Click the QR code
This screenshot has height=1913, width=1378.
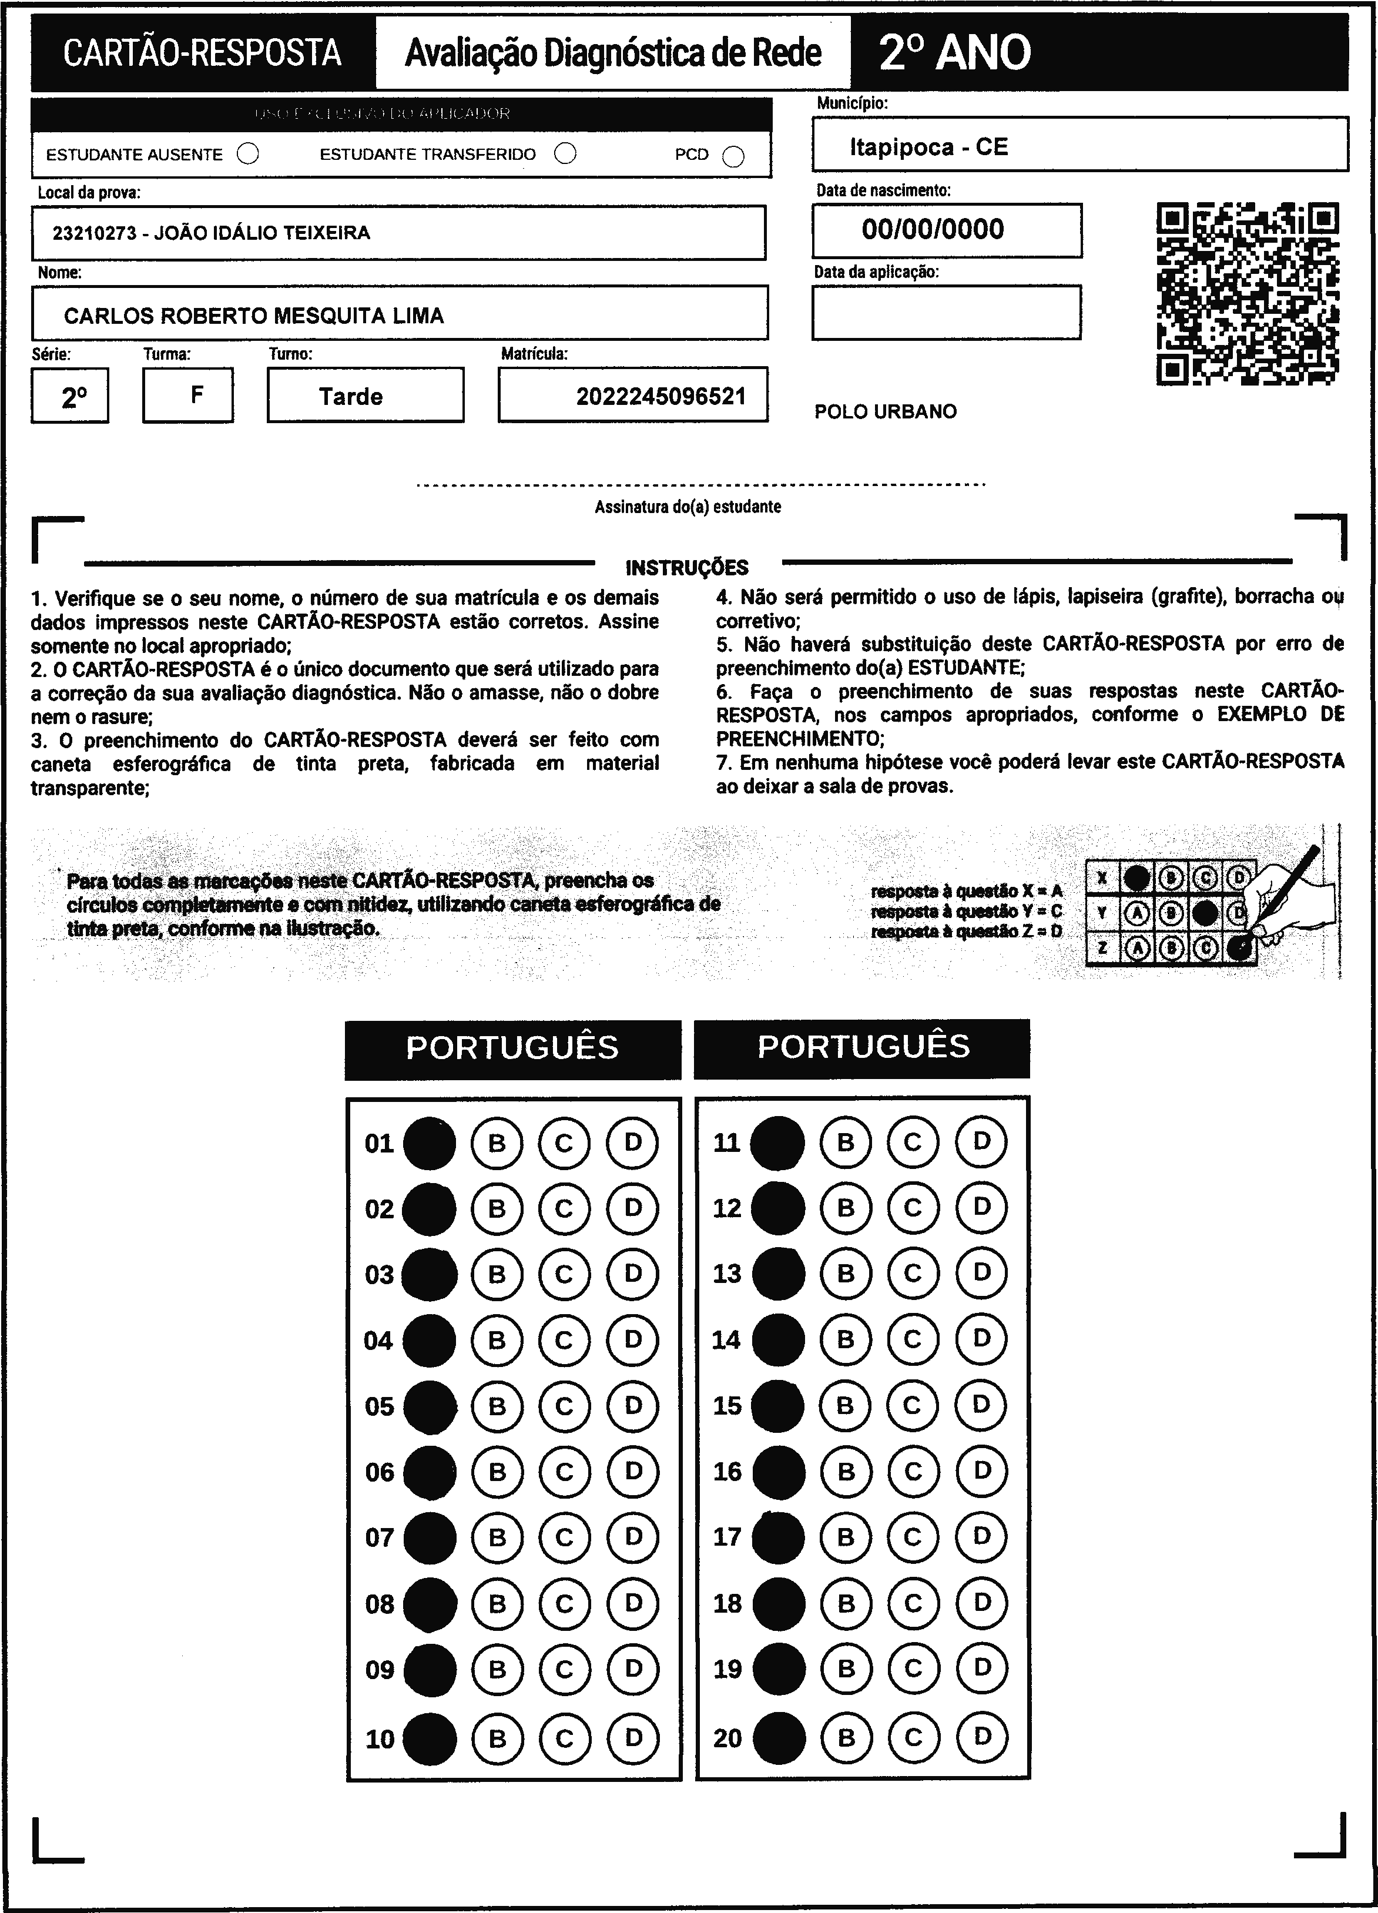tap(1248, 293)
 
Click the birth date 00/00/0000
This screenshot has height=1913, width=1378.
tap(933, 229)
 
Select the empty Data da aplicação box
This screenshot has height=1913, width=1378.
tap(946, 312)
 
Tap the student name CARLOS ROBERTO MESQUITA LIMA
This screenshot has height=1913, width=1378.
tap(254, 316)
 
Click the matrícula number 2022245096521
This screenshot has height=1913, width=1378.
tap(661, 397)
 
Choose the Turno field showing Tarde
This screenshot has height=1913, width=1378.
tap(351, 397)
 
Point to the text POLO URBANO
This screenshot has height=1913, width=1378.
tap(886, 411)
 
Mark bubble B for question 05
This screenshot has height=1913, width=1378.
tap(497, 1406)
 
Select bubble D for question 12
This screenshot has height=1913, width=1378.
tap(981, 1207)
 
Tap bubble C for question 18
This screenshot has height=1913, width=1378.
tap(913, 1603)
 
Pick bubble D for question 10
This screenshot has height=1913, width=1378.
tap(632, 1737)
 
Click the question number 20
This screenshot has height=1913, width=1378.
tap(727, 1737)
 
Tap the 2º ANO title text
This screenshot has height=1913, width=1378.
tap(955, 52)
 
